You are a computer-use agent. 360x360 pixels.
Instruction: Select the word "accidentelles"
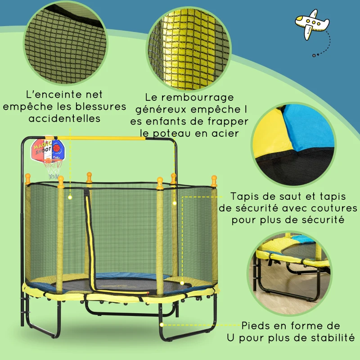click(x=64, y=118)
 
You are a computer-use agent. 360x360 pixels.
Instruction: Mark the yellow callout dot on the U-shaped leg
click(x=162, y=324)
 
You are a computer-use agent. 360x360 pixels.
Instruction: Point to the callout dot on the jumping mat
click(x=182, y=283)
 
